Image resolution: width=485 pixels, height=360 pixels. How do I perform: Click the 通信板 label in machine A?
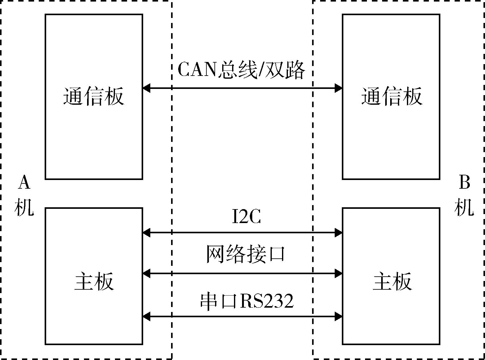[x=94, y=96]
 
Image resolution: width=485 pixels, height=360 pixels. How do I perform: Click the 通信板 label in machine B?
[x=391, y=96]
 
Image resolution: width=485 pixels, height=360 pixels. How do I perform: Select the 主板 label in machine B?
[x=392, y=281]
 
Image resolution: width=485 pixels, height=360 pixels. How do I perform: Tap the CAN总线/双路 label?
[x=241, y=70]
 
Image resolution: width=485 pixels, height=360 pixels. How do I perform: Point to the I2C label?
[x=246, y=217]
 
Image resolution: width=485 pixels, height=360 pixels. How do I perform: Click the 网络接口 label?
[x=245, y=254]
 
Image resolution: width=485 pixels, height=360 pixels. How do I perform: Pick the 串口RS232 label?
[x=247, y=301]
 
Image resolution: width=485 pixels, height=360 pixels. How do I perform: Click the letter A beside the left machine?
[x=24, y=183]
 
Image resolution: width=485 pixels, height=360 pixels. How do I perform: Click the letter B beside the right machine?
[x=464, y=183]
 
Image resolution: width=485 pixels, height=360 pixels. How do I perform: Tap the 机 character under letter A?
[x=24, y=207]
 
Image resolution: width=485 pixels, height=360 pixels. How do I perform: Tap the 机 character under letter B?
[x=464, y=207]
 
